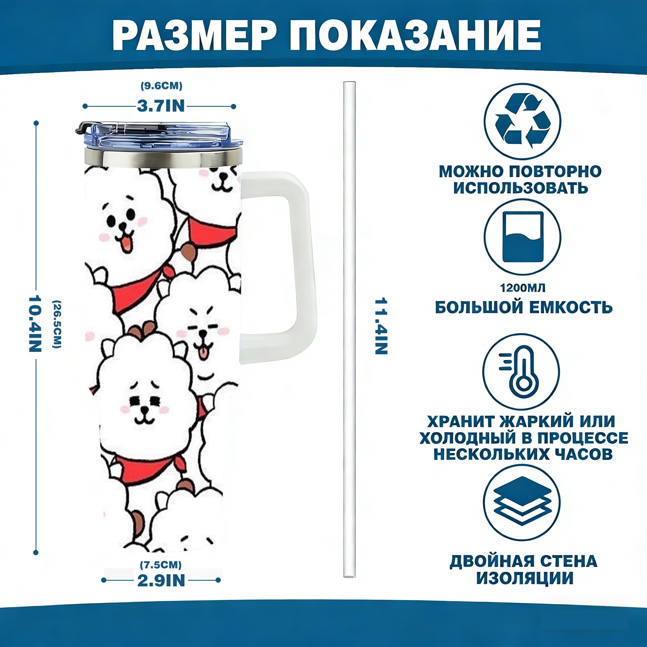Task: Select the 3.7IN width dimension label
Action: click(x=161, y=106)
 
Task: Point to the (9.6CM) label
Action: click(x=161, y=86)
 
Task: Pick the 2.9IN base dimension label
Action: click(x=161, y=580)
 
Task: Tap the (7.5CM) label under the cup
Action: click(x=161, y=565)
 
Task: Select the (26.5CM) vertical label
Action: click(x=57, y=323)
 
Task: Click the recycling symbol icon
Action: click(x=523, y=121)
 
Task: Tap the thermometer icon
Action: click(x=522, y=372)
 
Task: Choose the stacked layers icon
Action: click(x=522, y=503)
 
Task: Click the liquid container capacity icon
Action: click(x=522, y=237)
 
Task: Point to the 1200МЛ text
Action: click(x=522, y=288)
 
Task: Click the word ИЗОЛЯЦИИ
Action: click(x=524, y=578)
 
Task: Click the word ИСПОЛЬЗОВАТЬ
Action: click(x=520, y=188)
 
